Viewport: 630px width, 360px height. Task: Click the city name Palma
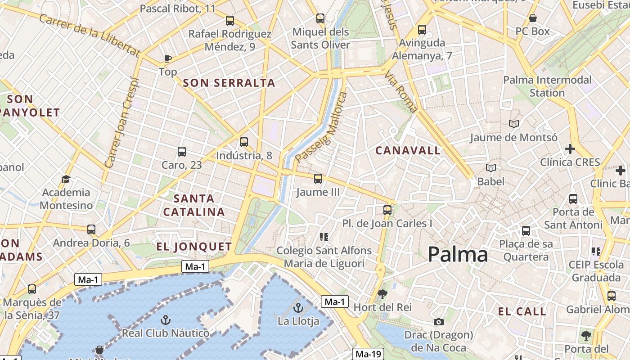(458, 255)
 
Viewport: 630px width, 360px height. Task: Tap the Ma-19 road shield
(368, 354)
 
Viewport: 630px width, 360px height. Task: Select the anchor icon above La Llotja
(298, 308)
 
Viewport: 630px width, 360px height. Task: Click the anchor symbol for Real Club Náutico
(166, 320)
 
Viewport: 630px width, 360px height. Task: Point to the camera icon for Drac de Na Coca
(439, 322)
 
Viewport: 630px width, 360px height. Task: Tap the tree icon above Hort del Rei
(382, 295)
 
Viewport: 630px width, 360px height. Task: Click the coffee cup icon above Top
(167, 58)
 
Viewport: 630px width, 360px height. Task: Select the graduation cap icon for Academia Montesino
(66, 179)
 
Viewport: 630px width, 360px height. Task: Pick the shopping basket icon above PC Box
(533, 18)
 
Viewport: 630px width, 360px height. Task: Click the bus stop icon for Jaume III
(318, 179)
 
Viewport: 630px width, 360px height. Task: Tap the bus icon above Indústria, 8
(244, 142)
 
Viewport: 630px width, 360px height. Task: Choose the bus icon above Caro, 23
(182, 152)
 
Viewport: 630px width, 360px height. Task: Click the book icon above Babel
(491, 168)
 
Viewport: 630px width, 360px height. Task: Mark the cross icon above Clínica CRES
(570, 148)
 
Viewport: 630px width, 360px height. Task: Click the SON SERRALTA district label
(229, 83)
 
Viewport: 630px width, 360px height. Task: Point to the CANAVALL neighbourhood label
(408, 151)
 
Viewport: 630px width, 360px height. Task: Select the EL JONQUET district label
(194, 246)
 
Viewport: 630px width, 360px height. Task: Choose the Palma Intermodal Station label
(547, 86)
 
